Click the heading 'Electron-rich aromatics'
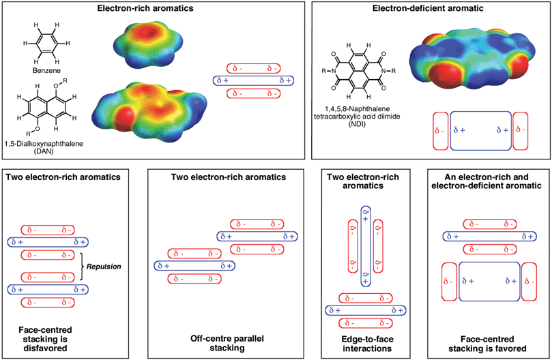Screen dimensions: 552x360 (145, 8)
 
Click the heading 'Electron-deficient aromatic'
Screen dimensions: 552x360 (428, 8)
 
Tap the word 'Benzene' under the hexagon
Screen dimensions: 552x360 (46, 70)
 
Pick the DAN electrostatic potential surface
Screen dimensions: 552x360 (149, 112)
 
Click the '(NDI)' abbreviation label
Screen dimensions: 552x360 (357, 124)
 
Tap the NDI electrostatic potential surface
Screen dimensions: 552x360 (471, 60)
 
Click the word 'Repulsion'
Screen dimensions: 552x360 (104, 267)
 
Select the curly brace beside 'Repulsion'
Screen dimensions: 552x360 (83, 267)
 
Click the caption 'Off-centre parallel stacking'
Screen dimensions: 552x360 (227, 343)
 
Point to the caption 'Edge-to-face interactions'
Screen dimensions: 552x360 (367, 344)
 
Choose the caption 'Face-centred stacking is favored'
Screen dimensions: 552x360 (487, 344)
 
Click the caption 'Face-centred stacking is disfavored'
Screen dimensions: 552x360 (45, 339)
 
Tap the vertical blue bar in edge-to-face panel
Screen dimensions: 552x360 (366, 246)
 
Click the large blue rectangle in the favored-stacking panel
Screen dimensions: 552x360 (489, 282)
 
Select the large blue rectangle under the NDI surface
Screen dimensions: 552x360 (481, 131)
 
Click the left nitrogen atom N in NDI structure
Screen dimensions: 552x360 (334, 71)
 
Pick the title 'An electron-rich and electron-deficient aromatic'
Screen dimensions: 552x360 (486, 181)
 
